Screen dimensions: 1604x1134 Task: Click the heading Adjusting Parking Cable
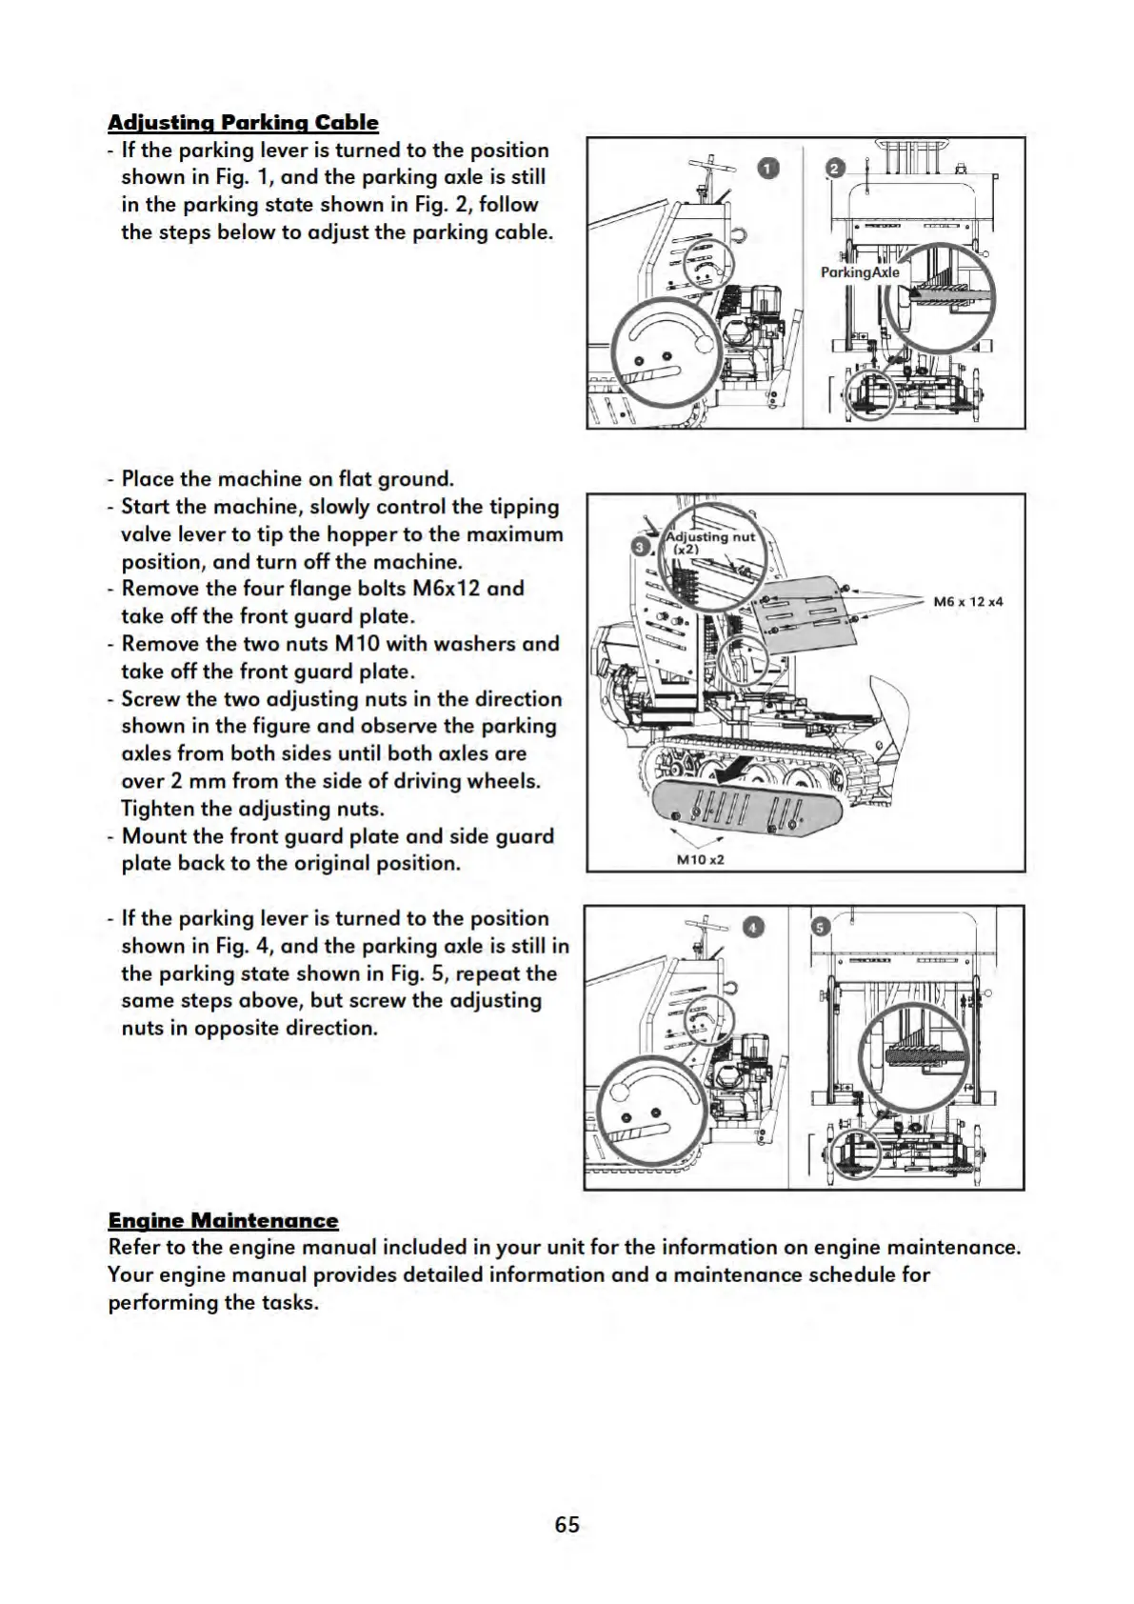243,123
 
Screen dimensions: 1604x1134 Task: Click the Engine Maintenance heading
223,1220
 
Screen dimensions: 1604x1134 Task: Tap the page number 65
567,1524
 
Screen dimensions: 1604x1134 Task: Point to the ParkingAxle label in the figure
860,272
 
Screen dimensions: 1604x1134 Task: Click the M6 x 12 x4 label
967,601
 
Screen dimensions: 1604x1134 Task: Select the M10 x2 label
700,859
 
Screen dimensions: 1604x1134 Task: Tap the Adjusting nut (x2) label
709,543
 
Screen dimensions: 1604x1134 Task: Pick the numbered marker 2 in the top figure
834,169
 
